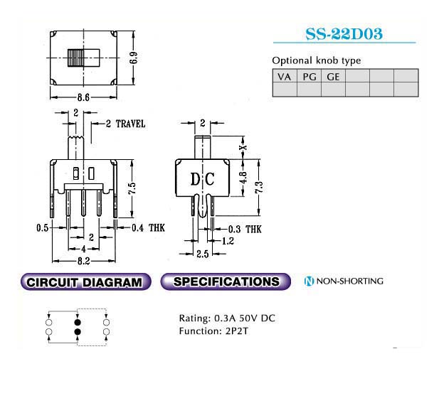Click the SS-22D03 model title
(344, 34)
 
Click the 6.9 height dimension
(134, 58)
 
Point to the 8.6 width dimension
(83, 97)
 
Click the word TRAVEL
(130, 124)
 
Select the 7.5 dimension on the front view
(132, 188)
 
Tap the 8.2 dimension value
(83, 261)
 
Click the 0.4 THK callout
(148, 228)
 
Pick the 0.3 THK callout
(245, 230)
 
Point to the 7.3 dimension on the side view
(259, 187)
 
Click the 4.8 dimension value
(243, 177)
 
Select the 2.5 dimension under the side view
(202, 254)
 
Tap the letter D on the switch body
(194, 179)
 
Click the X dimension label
(244, 147)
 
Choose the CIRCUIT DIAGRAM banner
(85, 282)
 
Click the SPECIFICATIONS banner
(226, 281)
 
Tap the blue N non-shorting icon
(309, 281)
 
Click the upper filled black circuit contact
(78, 322)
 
